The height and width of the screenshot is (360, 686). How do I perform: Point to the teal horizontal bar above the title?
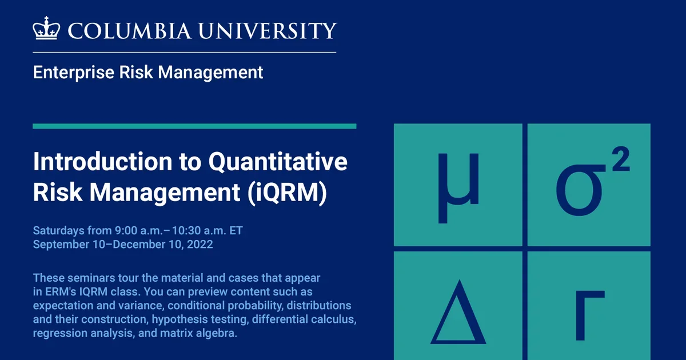click(194, 126)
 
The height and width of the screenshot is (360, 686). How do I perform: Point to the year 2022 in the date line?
click(200, 245)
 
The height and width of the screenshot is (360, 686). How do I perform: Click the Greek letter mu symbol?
click(458, 186)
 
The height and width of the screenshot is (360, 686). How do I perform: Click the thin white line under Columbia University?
click(184, 52)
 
